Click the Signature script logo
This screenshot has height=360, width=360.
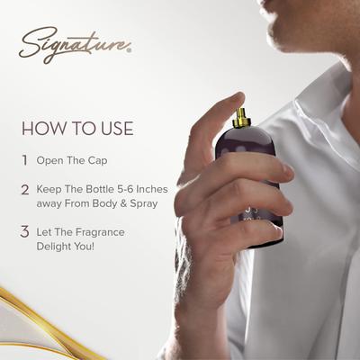tap(75, 45)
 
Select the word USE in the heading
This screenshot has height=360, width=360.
tap(117, 128)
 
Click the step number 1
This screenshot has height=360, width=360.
tap(25, 160)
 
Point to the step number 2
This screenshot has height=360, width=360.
tap(25, 190)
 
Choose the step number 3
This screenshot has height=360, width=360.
tap(25, 232)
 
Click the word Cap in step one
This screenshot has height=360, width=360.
tap(97, 161)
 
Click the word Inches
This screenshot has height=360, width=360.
tap(152, 189)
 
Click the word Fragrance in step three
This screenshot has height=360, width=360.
tap(100, 232)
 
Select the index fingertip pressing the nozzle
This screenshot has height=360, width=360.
tap(236, 100)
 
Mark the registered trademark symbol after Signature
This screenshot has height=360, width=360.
tap(129, 50)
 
